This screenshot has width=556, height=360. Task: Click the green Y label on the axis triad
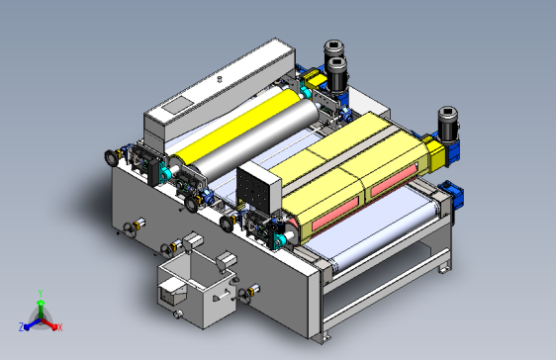(41, 293)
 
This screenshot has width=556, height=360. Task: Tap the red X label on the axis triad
(60, 327)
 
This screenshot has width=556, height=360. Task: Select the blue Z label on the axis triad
(22, 327)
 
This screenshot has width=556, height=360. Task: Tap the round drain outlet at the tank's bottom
(178, 314)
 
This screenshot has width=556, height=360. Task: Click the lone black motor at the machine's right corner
(448, 124)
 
